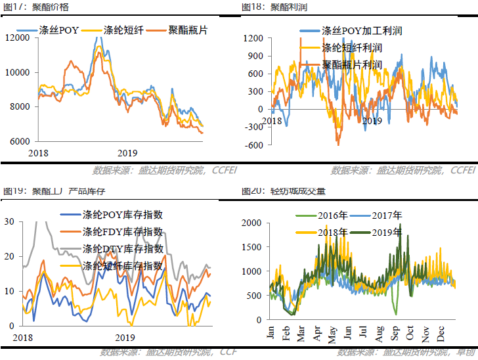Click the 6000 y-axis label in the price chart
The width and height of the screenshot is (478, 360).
[x=20, y=141]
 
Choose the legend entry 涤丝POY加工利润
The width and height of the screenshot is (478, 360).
[x=361, y=31]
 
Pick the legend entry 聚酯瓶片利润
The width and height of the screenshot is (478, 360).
[x=352, y=65]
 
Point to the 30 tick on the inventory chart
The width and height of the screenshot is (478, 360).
[x=9, y=221]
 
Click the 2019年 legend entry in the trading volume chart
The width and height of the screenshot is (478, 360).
[x=387, y=233]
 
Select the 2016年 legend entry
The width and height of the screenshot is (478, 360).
[x=333, y=215]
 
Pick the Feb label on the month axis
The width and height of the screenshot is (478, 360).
[x=286, y=332]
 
